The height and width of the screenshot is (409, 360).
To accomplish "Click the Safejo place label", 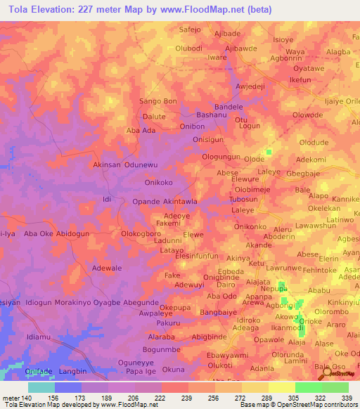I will click(x=191, y=30).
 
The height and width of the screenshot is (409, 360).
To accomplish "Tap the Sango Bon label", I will click(x=158, y=101).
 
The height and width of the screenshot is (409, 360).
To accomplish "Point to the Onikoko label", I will click(x=158, y=183).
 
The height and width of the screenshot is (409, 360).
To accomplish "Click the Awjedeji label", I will click(x=255, y=88).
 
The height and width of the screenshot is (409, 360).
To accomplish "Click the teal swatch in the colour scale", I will click(x=41, y=387).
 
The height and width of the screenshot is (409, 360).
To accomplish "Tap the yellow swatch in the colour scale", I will click(x=281, y=387).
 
